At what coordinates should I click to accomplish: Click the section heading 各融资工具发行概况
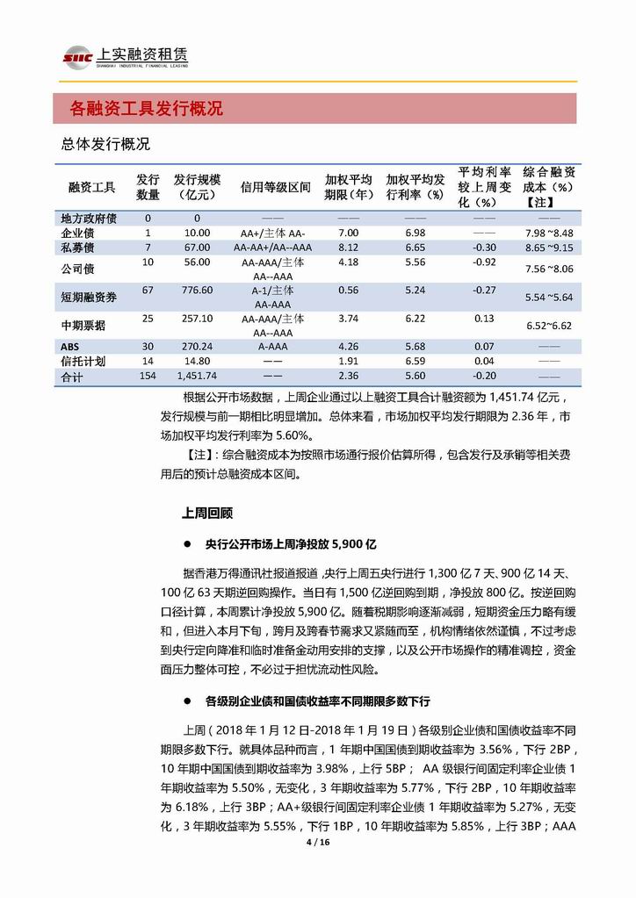[x=146, y=109]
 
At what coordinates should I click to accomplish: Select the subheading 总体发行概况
[x=105, y=144]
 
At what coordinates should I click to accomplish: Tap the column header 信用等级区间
[x=275, y=187]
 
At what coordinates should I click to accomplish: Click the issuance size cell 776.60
[x=197, y=290]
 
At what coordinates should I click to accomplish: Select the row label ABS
[x=71, y=347]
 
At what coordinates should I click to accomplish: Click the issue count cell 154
[x=148, y=375]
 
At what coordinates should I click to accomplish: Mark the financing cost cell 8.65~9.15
[x=548, y=249]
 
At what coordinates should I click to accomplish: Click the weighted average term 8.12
[x=348, y=248]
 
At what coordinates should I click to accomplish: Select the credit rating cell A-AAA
[x=273, y=347]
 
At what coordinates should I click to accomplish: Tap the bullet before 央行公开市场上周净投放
[x=187, y=542]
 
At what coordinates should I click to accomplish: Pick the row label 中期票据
[x=83, y=326]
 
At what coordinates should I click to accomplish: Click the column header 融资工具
[x=92, y=187]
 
